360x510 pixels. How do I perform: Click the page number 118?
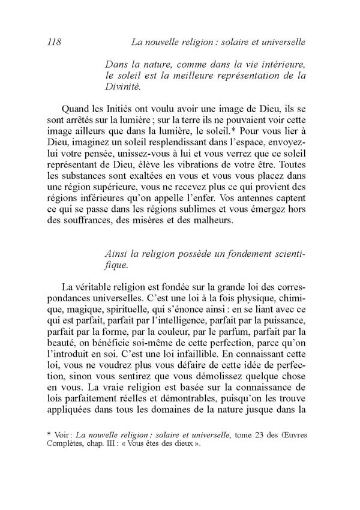[55, 42]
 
